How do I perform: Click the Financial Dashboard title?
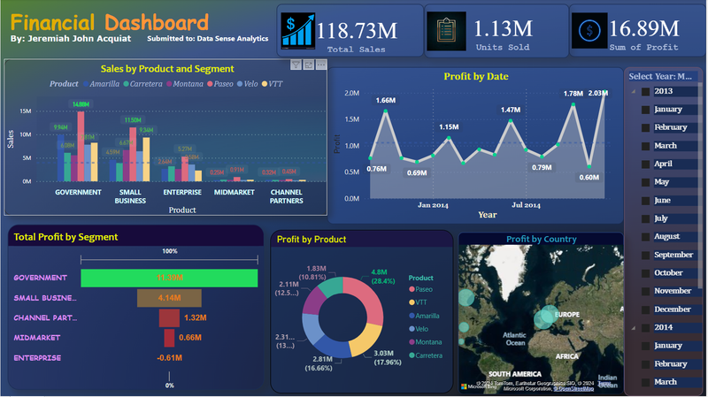[110, 22]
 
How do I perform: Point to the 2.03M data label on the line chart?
[598, 93]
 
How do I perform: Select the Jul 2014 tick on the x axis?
[526, 205]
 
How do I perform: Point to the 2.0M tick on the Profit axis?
[351, 93]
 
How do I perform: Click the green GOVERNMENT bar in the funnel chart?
[169, 278]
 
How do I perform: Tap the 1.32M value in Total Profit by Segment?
[195, 317]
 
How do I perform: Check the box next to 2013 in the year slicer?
[646, 91]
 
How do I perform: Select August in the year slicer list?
[666, 237]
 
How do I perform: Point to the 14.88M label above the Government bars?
[81, 104]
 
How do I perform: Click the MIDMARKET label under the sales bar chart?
[234, 191]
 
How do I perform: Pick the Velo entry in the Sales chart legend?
[250, 84]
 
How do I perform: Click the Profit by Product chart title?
[311, 239]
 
